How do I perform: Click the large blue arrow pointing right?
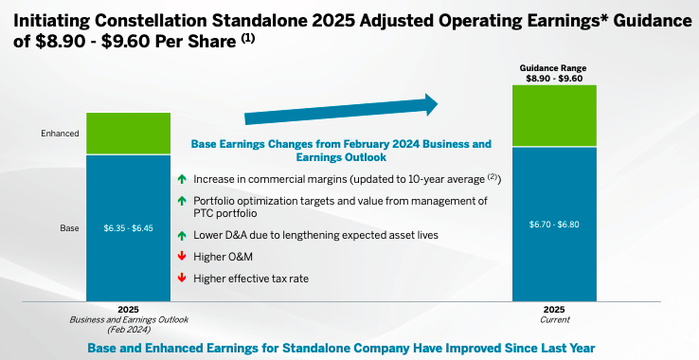coord(341,109)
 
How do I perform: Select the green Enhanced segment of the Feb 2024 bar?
coord(128,133)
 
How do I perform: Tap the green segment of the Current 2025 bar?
coord(554,116)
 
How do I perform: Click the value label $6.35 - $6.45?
coord(128,228)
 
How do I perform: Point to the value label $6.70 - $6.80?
coord(554,224)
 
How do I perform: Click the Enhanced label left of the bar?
coord(60,134)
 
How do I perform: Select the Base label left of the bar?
coord(69,228)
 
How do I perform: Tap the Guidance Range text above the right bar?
coord(554,67)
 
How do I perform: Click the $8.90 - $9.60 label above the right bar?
coord(554,79)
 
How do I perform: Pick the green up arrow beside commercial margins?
coord(181,179)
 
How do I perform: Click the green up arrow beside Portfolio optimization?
coord(181,200)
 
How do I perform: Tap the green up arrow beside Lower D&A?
coord(181,235)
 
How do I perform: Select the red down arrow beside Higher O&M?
coord(181,257)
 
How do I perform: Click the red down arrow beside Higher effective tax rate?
coord(181,278)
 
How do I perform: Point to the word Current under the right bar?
coord(554,320)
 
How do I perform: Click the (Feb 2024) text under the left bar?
coord(128,331)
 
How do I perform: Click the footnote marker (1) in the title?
coord(247,38)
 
